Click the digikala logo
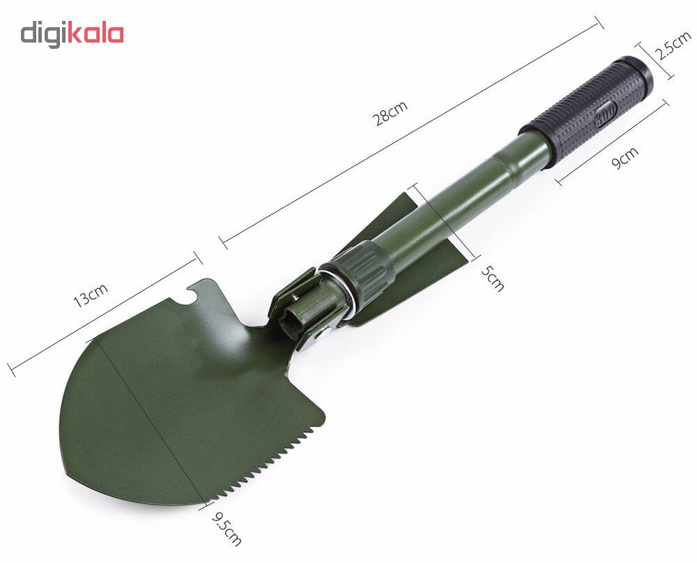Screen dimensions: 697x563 tap(72, 35)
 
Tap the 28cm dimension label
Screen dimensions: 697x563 tap(390, 113)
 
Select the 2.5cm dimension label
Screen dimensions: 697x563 tap(673, 46)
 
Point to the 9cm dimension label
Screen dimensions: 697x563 tap(625, 158)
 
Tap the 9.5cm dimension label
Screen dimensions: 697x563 tap(227, 529)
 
